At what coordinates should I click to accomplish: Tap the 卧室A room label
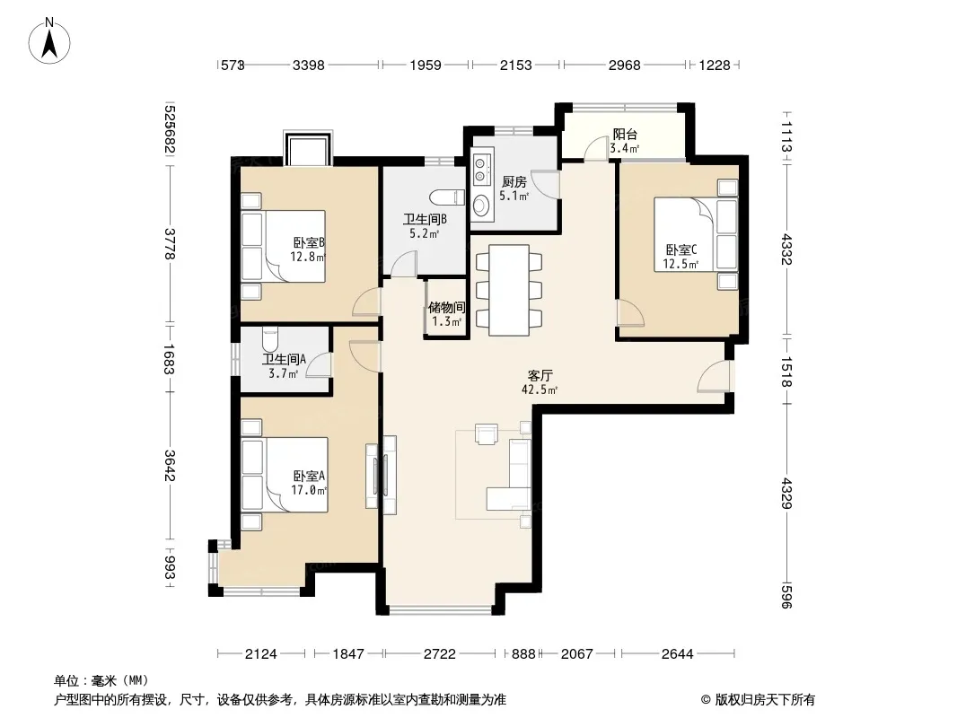point(309,483)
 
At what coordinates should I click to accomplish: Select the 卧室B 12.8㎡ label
point(308,250)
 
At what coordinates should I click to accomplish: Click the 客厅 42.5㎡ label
point(540,382)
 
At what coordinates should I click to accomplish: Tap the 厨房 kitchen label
point(514,188)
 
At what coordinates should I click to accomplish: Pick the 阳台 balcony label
point(624,141)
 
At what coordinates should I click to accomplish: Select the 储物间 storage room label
point(447,314)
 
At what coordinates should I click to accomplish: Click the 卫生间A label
point(284,366)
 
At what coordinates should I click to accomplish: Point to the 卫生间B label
point(425,225)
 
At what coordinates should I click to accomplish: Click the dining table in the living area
point(509,290)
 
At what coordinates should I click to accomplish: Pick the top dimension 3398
point(308,65)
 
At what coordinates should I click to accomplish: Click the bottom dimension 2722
point(439,654)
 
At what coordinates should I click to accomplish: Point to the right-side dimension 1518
point(786,372)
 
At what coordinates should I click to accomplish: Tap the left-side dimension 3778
point(170,243)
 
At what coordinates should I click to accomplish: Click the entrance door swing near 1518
point(714,376)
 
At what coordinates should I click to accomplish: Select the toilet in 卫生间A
point(269,338)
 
